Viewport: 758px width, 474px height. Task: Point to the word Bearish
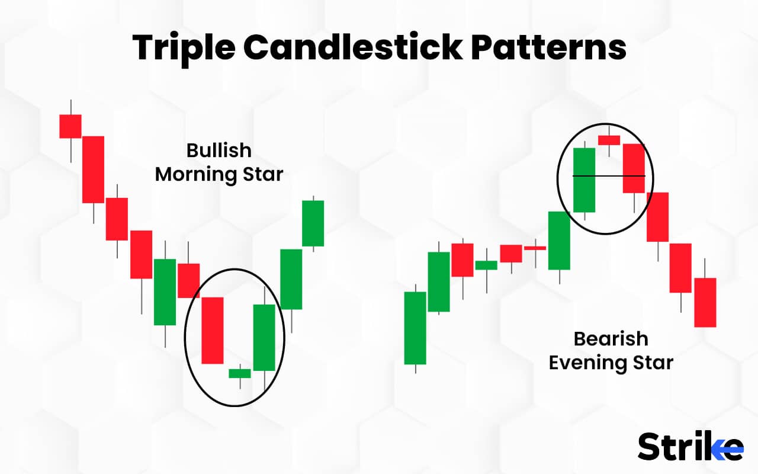click(x=611, y=339)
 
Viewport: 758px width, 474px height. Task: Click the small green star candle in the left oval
click(x=240, y=373)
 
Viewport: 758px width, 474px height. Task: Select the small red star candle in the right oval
click(x=609, y=140)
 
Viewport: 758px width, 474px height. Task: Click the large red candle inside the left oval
click(x=213, y=330)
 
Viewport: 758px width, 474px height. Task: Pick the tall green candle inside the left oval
click(x=264, y=337)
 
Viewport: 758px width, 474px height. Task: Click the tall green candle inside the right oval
click(x=584, y=180)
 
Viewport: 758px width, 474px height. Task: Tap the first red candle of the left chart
click(x=70, y=126)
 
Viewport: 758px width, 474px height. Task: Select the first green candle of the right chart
click(x=415, y=328)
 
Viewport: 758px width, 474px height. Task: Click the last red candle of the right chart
click(x=705, y=302)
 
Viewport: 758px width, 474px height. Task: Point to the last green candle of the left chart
click(x=313, y=223)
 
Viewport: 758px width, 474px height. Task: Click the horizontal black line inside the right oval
click(x=609, y=176)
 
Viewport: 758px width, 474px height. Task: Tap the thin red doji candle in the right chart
click(x=535, y=248)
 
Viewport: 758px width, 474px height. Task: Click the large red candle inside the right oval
click(x=633, y=168)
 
